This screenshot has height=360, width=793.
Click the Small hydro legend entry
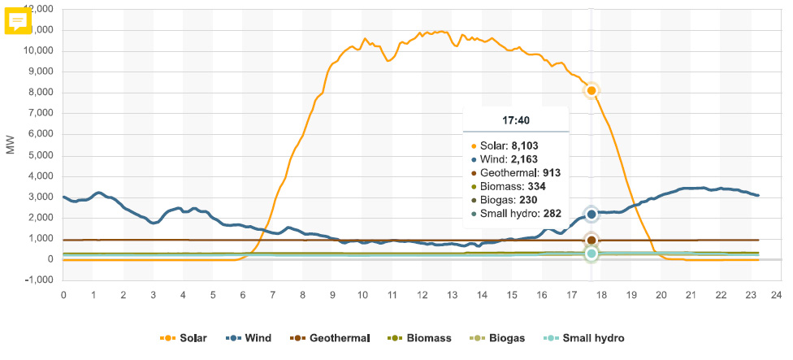pyautogui.click(x=584, y=338)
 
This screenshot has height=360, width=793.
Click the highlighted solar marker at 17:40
pyautogui.click(x=591, y=90)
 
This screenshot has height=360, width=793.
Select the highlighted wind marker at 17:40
pyautogui.click(x=591, y=214)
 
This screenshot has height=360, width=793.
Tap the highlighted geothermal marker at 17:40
pyautogui.click(x=591, y=240)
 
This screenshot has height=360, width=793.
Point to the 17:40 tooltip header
pyautogui.click(x=516, y=119)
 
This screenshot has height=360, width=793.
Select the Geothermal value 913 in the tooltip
pyautogui.click(x=550, y=172)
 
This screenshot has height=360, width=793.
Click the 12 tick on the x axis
pyautogui.click(x=422, y=293)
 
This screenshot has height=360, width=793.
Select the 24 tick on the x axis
pyautogui.click(x=776, y=293)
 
